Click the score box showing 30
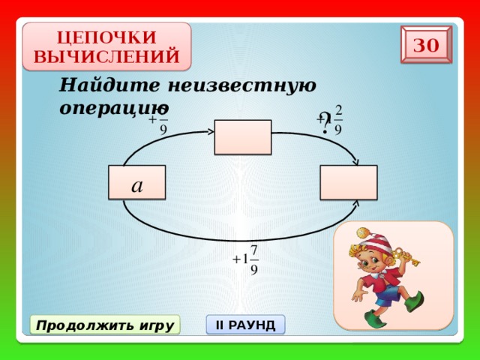click(x=426, y=45)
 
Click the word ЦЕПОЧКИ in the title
click(x=106, y=37)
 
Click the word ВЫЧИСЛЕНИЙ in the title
click(x=106, y=56)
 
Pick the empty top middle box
click(x=242, y=137)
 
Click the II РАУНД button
click(x=245, y=325)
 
